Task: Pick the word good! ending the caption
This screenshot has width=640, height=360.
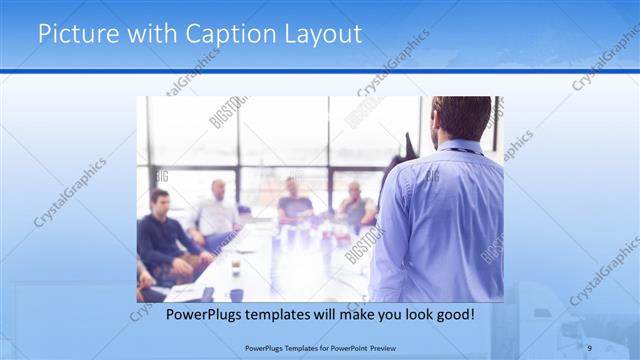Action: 455,315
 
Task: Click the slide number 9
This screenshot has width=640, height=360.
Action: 590,347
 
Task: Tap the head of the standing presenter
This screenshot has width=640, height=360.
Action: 461,118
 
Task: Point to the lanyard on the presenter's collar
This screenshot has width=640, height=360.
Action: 460,150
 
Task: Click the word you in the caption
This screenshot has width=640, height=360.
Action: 381,315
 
